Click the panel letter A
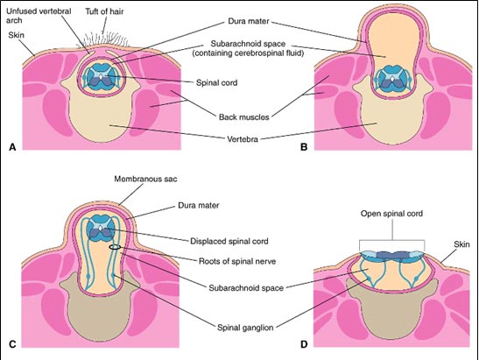click(12, 147)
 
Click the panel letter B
click(304, 147)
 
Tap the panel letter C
click(12, 344)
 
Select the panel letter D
click(304, 344)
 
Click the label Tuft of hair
click(104, 11)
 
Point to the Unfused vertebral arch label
click(39, 16)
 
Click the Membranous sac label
click(145, 179)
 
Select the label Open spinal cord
click(391, 214)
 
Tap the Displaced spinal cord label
click(229, 241)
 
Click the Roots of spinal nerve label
click(237, 261)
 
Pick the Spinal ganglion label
click(245, 328)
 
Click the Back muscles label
click(243, 117)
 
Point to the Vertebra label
click(243, 139)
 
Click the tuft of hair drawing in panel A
click(103, 40)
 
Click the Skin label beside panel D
click(461, 244)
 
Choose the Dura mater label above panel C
click(199, 205)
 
